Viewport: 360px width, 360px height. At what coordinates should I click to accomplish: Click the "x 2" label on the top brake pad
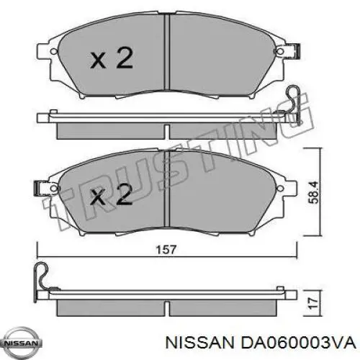112,58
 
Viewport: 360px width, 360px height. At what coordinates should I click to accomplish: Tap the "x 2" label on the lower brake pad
112,195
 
